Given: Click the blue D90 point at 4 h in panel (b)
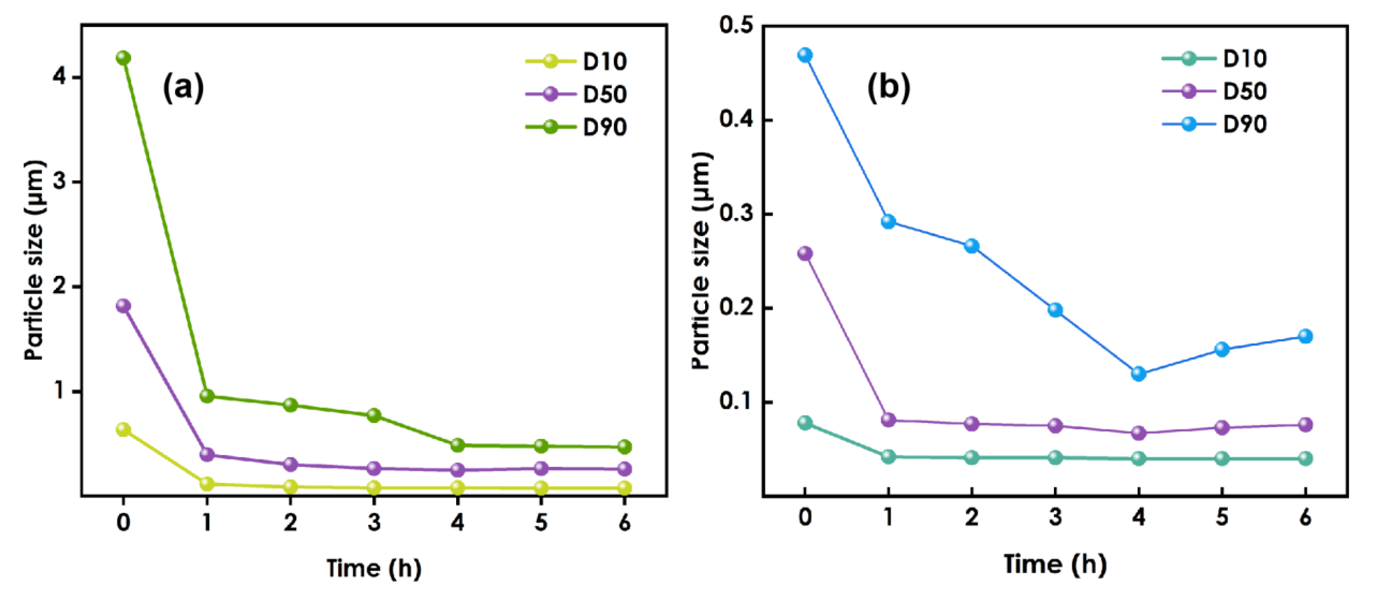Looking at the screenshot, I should coord(1138,374).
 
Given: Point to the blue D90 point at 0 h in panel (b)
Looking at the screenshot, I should coord(805,55).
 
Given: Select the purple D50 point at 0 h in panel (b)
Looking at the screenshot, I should coord(805,254).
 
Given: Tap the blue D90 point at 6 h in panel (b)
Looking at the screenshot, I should coord(1305,336).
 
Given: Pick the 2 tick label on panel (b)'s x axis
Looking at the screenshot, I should coord(972,517).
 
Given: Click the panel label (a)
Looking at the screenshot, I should coord(183,87).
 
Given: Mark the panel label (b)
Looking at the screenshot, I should coord(889,87).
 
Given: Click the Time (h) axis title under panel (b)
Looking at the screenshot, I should coord(1054,564).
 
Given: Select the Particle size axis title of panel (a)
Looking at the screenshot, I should coord(34,261).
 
